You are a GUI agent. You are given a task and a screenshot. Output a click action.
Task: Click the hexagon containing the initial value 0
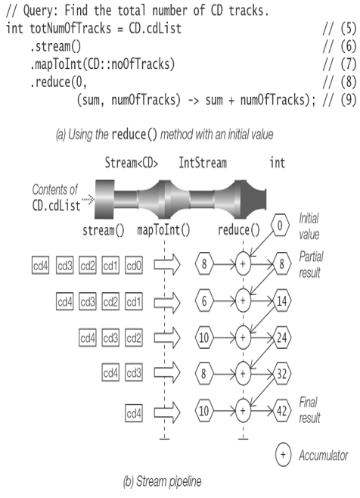[280, 226]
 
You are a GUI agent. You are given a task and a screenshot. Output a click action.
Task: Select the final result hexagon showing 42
[281, 411]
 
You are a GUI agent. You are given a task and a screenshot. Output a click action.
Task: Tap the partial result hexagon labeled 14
[281, 300]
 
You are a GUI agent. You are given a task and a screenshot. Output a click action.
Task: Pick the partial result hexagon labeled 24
[281, 338]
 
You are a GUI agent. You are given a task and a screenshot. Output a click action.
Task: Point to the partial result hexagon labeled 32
[281, 374]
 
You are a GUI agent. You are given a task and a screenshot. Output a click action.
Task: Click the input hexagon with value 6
[204, 300]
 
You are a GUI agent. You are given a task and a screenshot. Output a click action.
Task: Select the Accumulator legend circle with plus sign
[283, 455]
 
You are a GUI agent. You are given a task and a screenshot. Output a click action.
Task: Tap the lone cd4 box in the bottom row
[134, 413]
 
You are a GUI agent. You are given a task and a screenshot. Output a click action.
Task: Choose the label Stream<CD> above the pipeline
[132, 163]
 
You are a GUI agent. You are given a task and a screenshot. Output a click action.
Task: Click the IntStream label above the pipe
[203, 163]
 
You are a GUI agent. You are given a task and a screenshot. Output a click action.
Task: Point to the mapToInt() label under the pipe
[163, 230]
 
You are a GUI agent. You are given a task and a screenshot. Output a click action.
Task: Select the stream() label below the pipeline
[104, 230]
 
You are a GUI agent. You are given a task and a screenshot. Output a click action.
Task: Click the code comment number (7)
[349, 64]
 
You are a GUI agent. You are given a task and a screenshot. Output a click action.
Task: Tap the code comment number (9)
[349, 101]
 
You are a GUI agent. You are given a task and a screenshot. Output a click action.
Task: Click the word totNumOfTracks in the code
[70, 28]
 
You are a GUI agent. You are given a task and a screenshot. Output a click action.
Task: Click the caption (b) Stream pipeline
[162, 481]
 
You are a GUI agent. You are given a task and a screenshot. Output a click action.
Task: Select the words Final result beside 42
[309, 410]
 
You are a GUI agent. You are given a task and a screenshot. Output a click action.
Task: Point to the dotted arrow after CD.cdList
[88, 200]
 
